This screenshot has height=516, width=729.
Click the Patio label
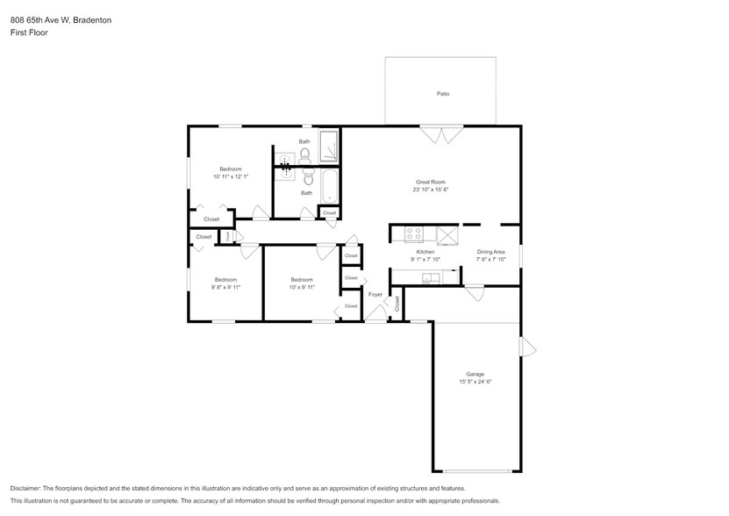click(443, 93)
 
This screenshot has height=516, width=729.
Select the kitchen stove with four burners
click(413, 234)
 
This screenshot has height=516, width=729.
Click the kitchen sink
click(432, 278)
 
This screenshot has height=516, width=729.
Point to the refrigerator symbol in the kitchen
click(447, 234)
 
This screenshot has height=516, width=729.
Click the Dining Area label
click(490, 252)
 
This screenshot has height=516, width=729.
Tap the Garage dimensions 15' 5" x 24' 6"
click(475, 382)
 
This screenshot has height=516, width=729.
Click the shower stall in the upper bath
click(329, 147)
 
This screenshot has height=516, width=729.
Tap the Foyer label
click(375, 295)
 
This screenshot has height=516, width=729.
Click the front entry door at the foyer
click(375, 317)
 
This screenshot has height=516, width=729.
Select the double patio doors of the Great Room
click(441, 134)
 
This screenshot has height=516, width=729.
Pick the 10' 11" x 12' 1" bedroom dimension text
click(231, 176)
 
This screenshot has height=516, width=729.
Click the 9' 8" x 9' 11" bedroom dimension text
click(225, 287)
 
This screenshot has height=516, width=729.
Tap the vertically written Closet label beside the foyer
click(397, 304)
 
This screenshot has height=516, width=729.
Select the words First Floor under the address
click(29, 32)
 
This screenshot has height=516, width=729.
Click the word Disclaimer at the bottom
click(27, 488)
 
